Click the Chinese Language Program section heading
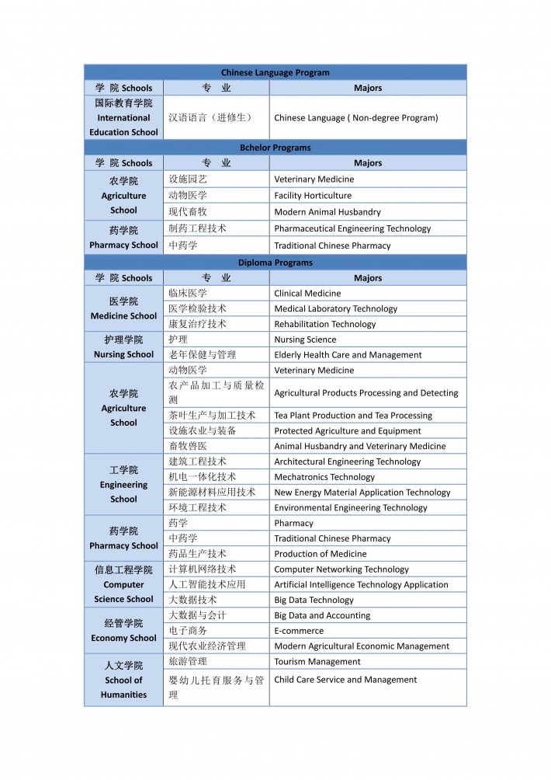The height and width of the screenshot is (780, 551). (275, 72)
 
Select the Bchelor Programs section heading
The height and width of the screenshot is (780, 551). (275, 148)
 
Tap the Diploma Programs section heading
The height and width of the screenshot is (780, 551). (275, 263)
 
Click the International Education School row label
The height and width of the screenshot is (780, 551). (123, 117)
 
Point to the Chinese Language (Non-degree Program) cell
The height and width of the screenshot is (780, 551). (356, 118)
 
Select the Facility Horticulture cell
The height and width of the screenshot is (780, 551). (313, 196)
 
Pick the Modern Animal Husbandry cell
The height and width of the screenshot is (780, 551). (327, 212)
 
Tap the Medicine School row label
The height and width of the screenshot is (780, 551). (123, 308)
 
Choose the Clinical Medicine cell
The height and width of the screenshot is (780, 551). (307, 294)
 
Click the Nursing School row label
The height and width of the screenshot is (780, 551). (123, 346)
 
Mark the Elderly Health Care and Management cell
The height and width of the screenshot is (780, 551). (348, 355)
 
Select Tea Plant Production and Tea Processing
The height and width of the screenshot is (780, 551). (353, 416)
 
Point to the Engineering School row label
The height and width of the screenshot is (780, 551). (123, 484)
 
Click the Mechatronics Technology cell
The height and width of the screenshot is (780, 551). (324, 477)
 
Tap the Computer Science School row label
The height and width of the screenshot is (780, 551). (123, 584)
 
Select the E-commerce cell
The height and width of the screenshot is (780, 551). (299, 631)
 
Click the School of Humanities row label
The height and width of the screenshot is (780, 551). (123, 680)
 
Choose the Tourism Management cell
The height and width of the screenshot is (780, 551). (317, 662)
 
